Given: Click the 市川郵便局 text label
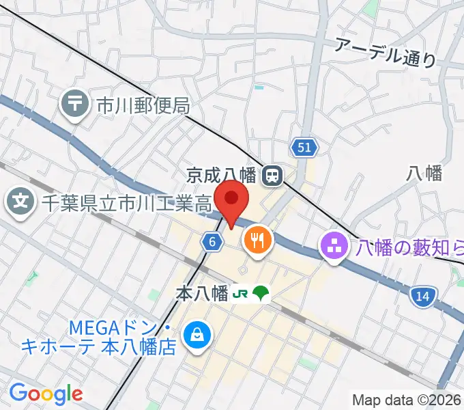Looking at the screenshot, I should click(x=142, y=106).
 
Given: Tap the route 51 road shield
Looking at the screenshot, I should click(x=304, y=147).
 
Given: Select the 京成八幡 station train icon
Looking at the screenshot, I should click(x=272, y=176).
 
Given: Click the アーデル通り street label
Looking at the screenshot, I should click(x=385, y=53).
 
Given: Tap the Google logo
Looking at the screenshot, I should click(x=46, y=394).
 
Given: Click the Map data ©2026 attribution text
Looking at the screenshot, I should click(x=407, y=400).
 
